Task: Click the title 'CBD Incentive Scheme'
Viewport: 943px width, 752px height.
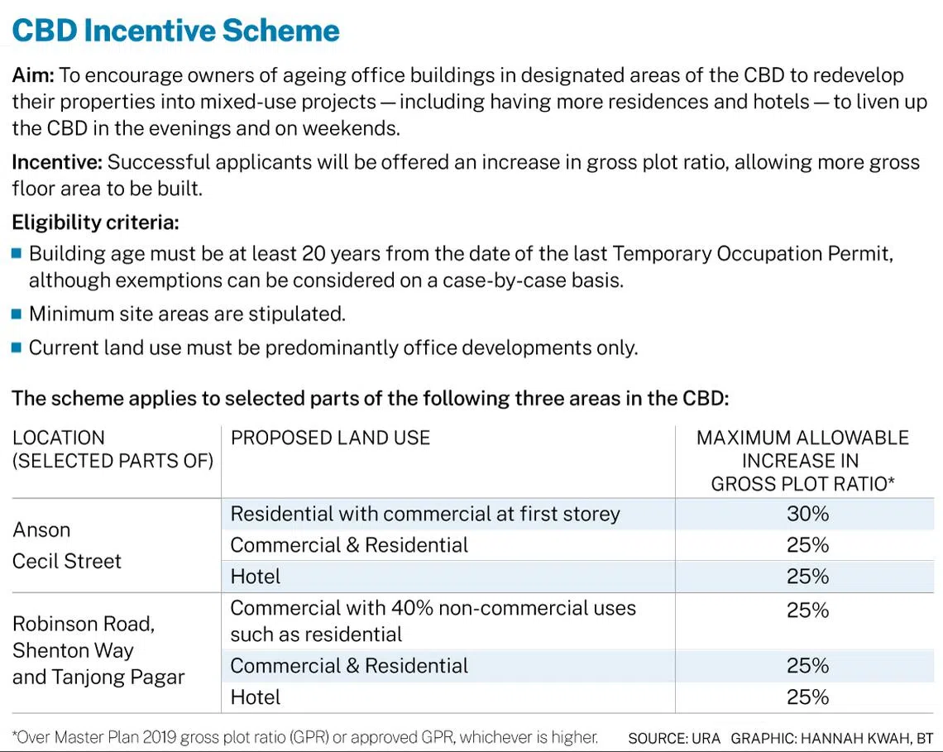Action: click(x=175, y=31)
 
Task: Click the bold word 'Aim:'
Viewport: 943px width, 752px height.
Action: click(x=33, y=75)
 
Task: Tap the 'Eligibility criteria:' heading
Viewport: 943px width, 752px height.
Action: click(x=95, y=223)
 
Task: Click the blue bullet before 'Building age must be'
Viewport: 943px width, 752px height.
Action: click(x=17, y=253)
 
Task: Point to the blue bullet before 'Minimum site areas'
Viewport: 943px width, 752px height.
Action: click(x=17, y=314)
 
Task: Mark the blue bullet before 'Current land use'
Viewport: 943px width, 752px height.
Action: click(x=17, y=347)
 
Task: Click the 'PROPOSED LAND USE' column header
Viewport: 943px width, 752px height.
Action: click(x=330, y=438)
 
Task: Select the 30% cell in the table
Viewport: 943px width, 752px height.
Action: click(x=807, y=514)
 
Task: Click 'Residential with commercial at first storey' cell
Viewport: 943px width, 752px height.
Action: click(x=424, y=514)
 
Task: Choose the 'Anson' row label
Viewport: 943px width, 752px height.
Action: click(x=41, y=529)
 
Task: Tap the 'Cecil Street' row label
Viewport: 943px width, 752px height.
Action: click(x=67, y=561)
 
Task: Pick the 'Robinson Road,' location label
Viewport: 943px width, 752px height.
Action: click(x=84, y=624)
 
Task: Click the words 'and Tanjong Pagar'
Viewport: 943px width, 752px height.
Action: click(x=98, y=677)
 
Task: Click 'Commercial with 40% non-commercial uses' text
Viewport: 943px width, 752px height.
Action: click(x=433, y=608)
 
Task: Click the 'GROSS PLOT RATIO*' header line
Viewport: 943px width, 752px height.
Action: click(x=802, y=484)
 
